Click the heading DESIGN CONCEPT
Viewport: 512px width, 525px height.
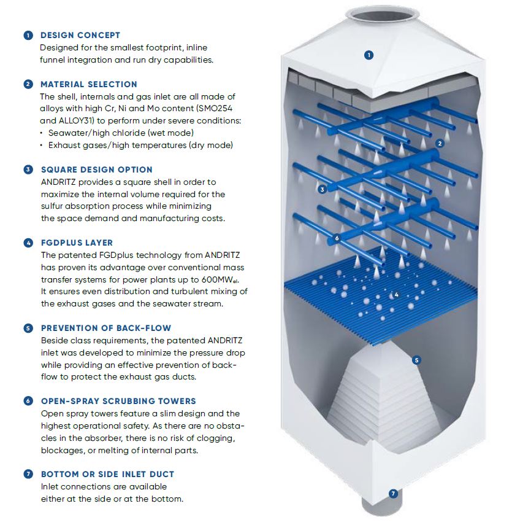pyautogui.click(x=80, y=35)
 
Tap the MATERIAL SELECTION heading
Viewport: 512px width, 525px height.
pyautogui.click(x=89, y=84)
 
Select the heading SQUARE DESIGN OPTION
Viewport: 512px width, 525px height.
pyautogui.click(x=97, y=169)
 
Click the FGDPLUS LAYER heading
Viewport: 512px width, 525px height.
pyautogui.click(x=77, y=243)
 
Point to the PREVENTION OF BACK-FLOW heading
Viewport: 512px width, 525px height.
pyautogui.click(x=106, y=328)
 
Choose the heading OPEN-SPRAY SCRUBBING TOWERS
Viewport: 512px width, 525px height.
pyautogui.click(x=118, y=401)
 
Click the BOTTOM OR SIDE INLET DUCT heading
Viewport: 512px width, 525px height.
pyautogui.click(x=108, y=474)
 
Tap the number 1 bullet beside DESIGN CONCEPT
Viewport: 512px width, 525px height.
pyautogui.click(x=28, y=35)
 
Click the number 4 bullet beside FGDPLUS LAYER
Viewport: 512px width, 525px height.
pyautogui.click(x=28, y=243)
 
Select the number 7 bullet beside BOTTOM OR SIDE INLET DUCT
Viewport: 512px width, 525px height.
pyautogui.click(x=28, y=474)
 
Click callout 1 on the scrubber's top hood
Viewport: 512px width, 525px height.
pyautogui.click(x=369, y=55)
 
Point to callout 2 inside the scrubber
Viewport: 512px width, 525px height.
pyautogui.click(x=440, y=144)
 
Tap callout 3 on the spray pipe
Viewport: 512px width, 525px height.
pyautogui.click(x=322, y=190)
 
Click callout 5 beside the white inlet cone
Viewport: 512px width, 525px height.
pyautogui.click(x=416, y=360)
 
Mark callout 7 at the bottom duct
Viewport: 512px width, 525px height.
pyautogui.click(x=393, y=493)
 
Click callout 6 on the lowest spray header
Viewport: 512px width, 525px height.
pyautogui.click(x=337, y=238)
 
